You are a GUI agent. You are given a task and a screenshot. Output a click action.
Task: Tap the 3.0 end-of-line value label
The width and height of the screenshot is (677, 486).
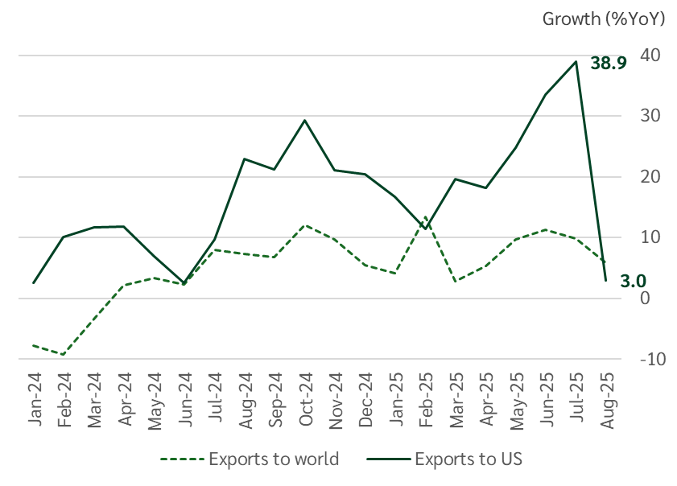pyautogui.click(x=632, y=281)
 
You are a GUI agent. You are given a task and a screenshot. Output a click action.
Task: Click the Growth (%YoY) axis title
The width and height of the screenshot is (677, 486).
pyautogui.click(x=604, y=19)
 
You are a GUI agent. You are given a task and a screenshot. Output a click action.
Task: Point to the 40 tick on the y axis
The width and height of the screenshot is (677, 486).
pyautogui.click(x=651, y=56)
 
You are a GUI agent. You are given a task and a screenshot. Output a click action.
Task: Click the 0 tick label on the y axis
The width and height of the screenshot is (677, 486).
pyautogui.click(x=645, y=298)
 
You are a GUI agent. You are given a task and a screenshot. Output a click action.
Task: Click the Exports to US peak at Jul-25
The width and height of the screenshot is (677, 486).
pyautogui.click(x=576, y=62)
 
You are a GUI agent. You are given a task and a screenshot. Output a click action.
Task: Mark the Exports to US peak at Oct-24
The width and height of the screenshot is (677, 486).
pyautogui.click(x=305, y=120)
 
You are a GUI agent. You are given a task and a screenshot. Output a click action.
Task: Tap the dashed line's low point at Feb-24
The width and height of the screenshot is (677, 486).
pyautogui.click(x=64, y=354)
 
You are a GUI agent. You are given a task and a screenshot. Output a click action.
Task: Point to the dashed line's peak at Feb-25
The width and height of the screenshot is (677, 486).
pyautogui.click(x=425, y=216)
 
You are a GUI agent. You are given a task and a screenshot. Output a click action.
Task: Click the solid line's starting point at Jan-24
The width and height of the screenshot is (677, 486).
pyautogui.click(x=34, y=282)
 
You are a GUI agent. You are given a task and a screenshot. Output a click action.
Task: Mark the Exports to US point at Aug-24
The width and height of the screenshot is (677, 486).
pyautogui.click(x=245, y=159)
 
